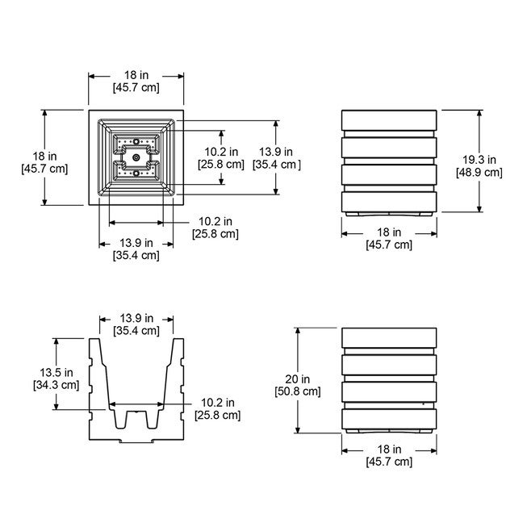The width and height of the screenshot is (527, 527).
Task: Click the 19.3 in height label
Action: pos(479,160)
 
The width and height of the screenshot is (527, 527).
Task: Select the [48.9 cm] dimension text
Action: pos(479,173)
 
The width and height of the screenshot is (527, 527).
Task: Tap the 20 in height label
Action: pos(298,379)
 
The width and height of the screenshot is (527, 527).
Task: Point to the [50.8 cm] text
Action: pos(298,391)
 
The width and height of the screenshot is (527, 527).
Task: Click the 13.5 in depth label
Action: pos(56,372)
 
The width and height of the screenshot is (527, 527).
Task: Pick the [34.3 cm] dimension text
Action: pos(56,385)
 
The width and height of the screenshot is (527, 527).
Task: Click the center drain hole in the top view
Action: pos(136,157)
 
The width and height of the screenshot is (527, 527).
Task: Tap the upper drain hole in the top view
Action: pos(136,141)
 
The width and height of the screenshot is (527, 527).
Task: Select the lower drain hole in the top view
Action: pos(136,173)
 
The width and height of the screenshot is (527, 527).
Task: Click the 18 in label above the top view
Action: pos(136,75)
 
